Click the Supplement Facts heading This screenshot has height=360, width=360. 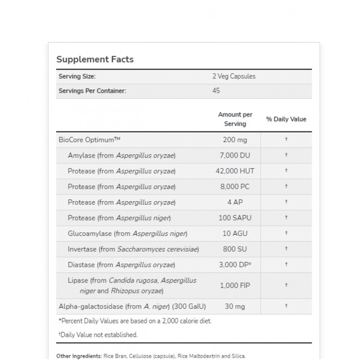[x=94, y=59]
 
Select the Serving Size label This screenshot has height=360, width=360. [x=77, y=76]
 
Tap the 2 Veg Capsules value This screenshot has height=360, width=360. [x=234, y=76]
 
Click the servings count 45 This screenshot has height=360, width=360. [x=216, y=91]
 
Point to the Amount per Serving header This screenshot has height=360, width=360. [x=235, y=119]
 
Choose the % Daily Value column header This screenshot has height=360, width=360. [x=286, y=119]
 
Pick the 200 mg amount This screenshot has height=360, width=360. [x=235, y=140]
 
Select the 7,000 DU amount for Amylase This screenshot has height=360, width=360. [x=235, y=156]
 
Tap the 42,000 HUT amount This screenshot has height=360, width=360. [x=235, y=171]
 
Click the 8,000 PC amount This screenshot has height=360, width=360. [x=235, y=187]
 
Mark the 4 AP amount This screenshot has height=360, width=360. [x=235, y=202]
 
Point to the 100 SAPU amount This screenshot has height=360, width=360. [x=235, y=218]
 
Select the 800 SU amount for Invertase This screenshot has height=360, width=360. [x=235, y=249]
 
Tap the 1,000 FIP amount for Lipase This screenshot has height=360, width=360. [x=235, y=285]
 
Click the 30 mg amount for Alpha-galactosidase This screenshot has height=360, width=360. [x=235, y=307]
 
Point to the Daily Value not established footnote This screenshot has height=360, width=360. [x=98, y=335]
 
